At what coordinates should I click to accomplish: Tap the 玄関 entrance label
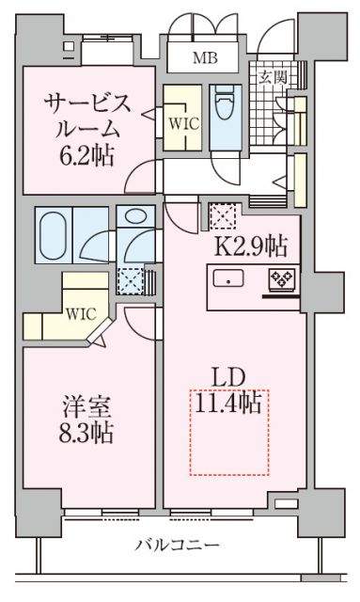tap(273, 76)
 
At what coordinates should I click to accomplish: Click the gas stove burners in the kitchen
tap(281, 279)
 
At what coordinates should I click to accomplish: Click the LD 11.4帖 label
tap(230, 391)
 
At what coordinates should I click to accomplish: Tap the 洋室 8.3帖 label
tap(88, 420)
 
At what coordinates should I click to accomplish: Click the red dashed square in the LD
tap(229, 431)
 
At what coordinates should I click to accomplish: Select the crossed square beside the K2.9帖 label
tap(222, 216)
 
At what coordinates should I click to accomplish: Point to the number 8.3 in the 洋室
tap(80, 434)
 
